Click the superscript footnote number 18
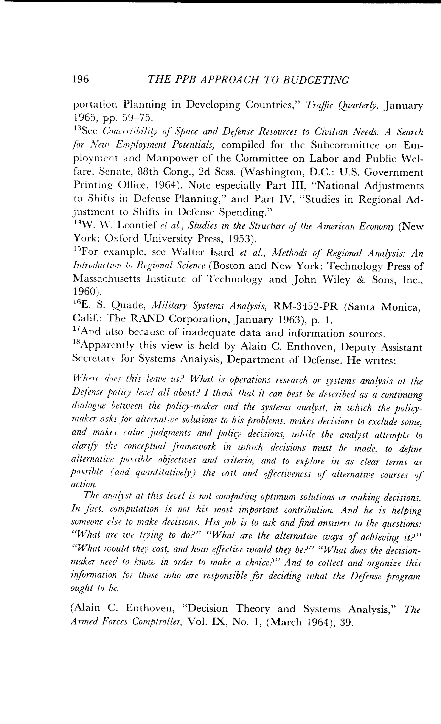click(x=76, y=342)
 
